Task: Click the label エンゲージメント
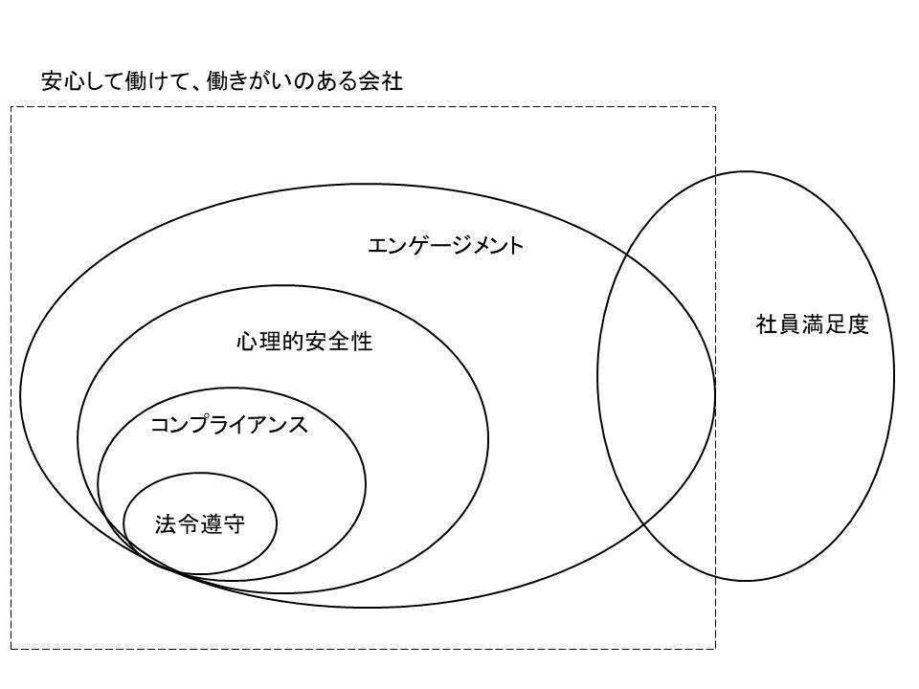pos(446,246)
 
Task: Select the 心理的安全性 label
pos(304,342)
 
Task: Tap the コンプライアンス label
pos(230,425)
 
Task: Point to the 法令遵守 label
pos(200,524)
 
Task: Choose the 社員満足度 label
pos(812,324)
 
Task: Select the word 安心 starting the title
pos(62,81)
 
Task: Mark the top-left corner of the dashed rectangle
pos(11,107)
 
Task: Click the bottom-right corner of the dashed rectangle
pos(715,649)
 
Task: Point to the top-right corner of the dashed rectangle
pos(715,107)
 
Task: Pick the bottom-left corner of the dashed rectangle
pos(11,649)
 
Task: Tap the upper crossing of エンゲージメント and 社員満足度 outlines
pos(628,253)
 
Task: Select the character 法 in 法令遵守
pos(166,524)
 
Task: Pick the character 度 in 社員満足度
pos(857,324)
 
